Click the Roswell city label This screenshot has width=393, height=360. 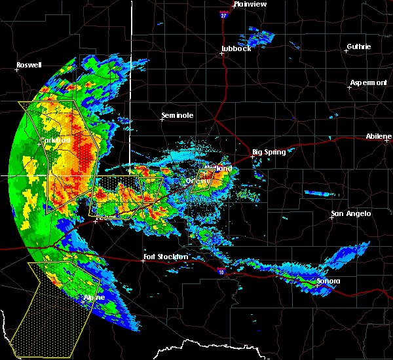click(29, 65)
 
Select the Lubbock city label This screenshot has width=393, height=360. click(236, 48)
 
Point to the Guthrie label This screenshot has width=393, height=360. click(358, 46)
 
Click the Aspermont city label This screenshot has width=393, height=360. click(368, 82)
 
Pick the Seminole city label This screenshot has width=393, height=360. click(178, 116)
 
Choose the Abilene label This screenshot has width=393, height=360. click(379, 136)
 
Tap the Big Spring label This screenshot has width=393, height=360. click(269, 152)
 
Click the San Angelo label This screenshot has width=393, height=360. click(350, 213)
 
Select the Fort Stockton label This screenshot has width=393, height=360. click(166, 257)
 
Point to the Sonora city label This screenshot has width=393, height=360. click(327, 281)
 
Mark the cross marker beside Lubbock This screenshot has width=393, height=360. click(222, 54)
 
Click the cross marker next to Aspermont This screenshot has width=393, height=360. click(349, 87)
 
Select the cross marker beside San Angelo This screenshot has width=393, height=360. click(331, 219)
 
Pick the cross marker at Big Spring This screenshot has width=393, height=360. click(252, 156)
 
